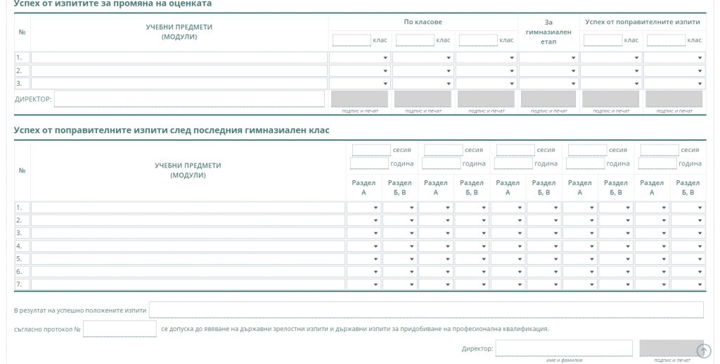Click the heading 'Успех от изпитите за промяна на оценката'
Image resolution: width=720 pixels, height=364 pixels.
point(112,4)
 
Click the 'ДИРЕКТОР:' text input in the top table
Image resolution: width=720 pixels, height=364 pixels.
point(189,99)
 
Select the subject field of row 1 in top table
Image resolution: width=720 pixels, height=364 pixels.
point(179,58)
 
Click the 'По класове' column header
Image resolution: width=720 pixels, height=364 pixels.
point(423,22)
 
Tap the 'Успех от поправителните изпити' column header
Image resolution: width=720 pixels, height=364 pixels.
point(643,22)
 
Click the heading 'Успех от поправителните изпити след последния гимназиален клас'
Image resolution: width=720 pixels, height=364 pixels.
point(172,130)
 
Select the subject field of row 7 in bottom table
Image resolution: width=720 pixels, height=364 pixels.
point(188,284)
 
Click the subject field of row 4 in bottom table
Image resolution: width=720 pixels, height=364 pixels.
point(188,246)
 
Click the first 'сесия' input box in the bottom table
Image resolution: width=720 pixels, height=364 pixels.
point(371,150)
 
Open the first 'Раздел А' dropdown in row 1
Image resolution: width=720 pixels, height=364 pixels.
point(364,208)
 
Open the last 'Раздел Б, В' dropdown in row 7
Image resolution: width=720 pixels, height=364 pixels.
point(688,284)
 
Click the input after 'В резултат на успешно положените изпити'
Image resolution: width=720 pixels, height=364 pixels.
point(426,310)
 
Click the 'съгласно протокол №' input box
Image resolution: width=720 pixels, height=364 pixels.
point(120,329)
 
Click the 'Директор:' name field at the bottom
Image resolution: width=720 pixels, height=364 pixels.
point(564,349)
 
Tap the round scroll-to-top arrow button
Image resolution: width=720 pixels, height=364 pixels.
point(703,351)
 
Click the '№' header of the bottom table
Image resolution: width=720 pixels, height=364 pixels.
point(22,170)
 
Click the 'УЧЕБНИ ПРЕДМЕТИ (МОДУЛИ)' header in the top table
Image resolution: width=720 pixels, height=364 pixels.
point(179,32)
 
